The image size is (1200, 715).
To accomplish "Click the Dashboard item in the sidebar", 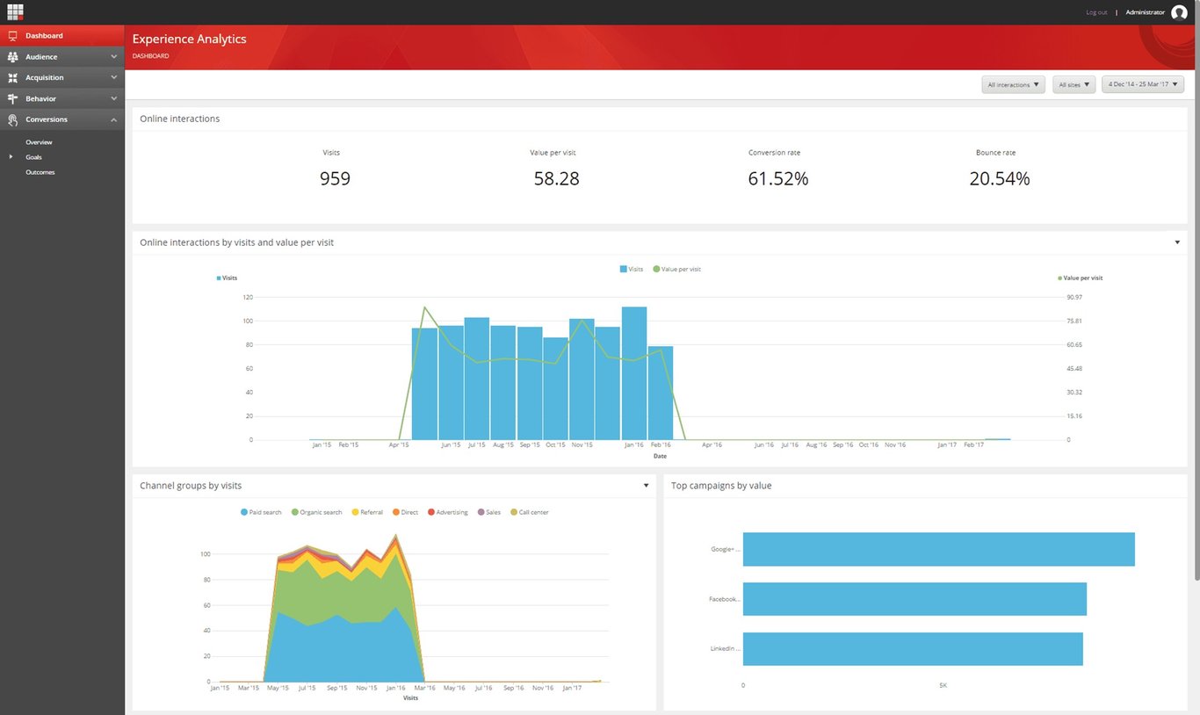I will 44,36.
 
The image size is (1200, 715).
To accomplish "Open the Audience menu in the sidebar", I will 41,57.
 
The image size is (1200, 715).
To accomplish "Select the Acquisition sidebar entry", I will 44,78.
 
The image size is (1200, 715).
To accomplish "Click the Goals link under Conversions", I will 33,157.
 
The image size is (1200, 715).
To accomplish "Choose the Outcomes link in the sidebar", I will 40,172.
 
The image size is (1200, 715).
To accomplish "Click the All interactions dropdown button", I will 1013,85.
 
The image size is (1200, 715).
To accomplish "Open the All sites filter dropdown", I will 1073,85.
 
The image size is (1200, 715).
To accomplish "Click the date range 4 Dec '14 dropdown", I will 1142,84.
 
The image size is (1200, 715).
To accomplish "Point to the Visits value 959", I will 335,179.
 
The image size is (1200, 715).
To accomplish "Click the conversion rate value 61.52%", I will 777,179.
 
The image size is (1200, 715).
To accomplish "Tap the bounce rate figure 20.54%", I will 999,179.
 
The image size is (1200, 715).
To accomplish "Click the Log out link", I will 1096,12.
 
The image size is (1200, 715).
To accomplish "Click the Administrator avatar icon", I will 1179,12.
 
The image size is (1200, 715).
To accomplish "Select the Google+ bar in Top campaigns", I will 938,549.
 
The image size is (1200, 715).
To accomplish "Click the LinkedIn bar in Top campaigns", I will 912,649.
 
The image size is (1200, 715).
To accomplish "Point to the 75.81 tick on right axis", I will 1073,321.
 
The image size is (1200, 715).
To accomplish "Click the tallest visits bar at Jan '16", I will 633,373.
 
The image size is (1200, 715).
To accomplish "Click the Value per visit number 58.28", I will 556,179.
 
